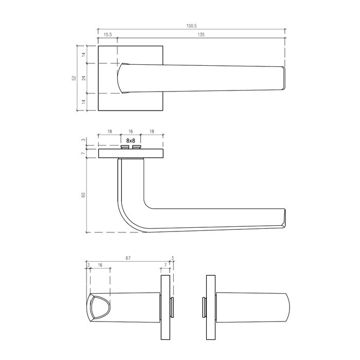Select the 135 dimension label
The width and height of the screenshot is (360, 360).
[x=201, y=34]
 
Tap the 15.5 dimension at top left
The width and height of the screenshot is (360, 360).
[x=107, y=34]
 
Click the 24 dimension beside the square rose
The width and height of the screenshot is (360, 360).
[x=83, y=78]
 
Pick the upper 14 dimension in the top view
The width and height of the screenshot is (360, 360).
[x=83, y=55]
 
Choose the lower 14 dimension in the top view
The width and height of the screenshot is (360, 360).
[x=83, y=102]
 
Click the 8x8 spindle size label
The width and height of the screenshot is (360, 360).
[x=130, y=140]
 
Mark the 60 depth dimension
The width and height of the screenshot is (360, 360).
[x=83, y=195]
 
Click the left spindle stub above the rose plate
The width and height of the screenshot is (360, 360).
[x=124, y=147]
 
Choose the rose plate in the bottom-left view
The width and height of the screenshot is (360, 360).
[x=166, y=308]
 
